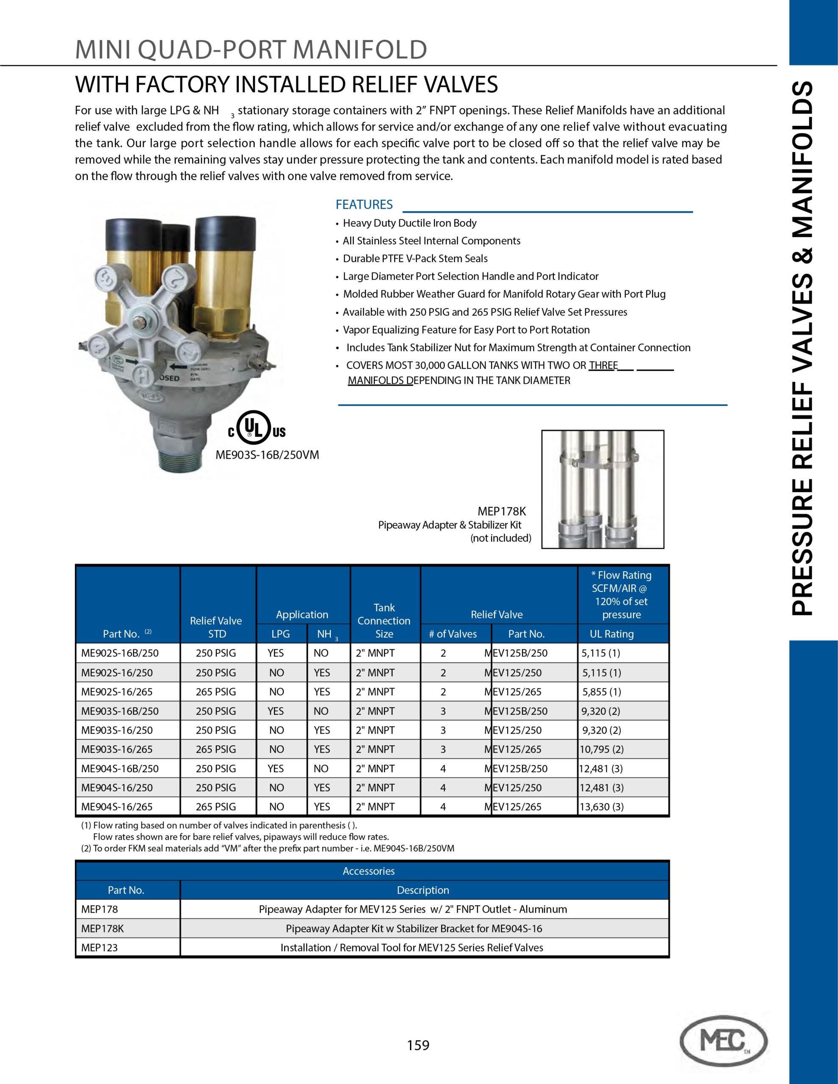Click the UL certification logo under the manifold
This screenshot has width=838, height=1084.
pyautogui.click(x=257, y=427)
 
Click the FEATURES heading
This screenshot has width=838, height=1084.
pyautogui.click(x=364, y=205)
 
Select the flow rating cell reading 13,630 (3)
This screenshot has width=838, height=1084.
pyautogui.click(x=602, y=807)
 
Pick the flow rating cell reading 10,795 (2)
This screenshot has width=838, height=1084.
pyautogui.click(x=602, y=749)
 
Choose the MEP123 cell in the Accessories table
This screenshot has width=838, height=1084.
pyautogui.click(x=100, y=948)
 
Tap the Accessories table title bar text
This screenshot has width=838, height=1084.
pyautogui.click(x=368, y=871)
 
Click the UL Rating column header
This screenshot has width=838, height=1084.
pyautogui.click(x=611, y=634)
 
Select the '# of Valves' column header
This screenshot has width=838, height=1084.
pyautogui.click(x=453, y=634)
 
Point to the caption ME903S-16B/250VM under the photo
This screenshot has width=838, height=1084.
pyautogui.click(x=267, y=455)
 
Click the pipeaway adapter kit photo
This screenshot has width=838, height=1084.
pyautogui.click(x=603, y=489)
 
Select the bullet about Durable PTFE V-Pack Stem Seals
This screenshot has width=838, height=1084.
pyautogui.click(x=415, y=259)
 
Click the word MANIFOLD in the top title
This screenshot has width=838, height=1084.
pyautogui.click(x=360, y=50)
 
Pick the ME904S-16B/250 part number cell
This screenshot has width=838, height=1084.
pyautogui.click(x=120, y=769)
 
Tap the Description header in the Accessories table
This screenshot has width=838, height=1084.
pyautogui.click(x=423, y=890)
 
